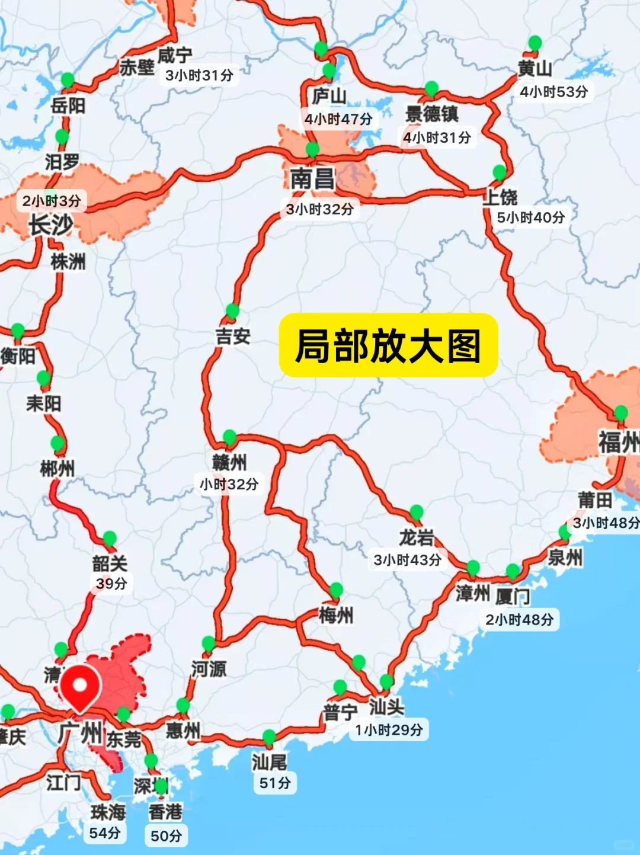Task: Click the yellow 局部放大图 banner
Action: [388, 345]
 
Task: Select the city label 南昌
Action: [312, 178]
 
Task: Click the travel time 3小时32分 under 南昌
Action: [319, 209]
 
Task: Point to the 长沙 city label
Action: [51, 225]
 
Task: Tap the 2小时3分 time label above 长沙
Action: [52, 201]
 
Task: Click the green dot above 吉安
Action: [232, 310]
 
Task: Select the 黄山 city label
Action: [535, 69]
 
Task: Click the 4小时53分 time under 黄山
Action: [553, 92]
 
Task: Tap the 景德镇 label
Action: [431, 113]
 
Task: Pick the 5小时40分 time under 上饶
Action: [530, 217]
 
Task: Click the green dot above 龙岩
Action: [417, 512]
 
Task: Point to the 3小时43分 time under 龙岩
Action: [407, 560]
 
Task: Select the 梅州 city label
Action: [336, 616]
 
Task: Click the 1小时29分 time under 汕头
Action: [389, 730]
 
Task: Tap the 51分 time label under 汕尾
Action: [275, 783]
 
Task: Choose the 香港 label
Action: [165, 812]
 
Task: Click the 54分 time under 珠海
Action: [105, 833]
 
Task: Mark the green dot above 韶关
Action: [110, 539]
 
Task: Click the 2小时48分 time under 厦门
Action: [519, 620]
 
